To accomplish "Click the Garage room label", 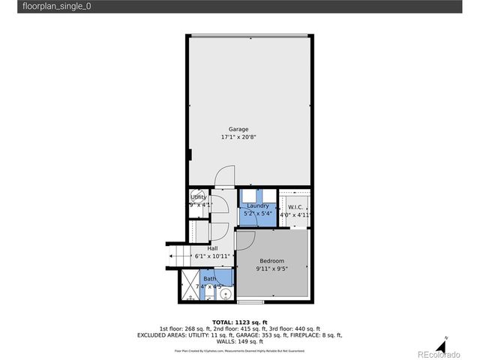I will (238, 129).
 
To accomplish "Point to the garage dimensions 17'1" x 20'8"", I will (238, 138).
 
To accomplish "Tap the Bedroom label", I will (273, 261).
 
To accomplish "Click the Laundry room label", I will (257, 205).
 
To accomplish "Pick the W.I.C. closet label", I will (295, 206).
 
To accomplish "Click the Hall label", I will (212, 247).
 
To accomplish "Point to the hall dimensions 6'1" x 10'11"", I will (212, 256).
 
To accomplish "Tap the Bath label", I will (209, 279).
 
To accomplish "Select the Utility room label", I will (198, 196).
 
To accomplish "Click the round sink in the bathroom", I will (223, 294).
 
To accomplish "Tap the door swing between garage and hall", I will (223, 175).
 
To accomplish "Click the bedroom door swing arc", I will (247, 238).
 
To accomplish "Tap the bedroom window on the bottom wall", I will (250, 301).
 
